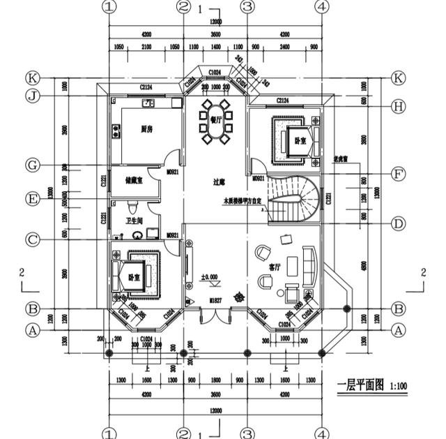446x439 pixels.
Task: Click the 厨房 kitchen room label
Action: (x=147, y=129)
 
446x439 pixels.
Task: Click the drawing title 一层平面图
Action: (x=360, y=385)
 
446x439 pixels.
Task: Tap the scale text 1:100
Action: (x=399, y=385)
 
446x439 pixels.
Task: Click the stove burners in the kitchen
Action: (x=148, y=104)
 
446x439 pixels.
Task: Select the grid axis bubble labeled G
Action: (x=32, y=165)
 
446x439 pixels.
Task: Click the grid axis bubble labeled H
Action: (x=398, y=106)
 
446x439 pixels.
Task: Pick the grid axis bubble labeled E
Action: (x=32, y=199)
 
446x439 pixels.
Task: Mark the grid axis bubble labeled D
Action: (x=398, y=224)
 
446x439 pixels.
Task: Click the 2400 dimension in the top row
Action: (x=285, y=47)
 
